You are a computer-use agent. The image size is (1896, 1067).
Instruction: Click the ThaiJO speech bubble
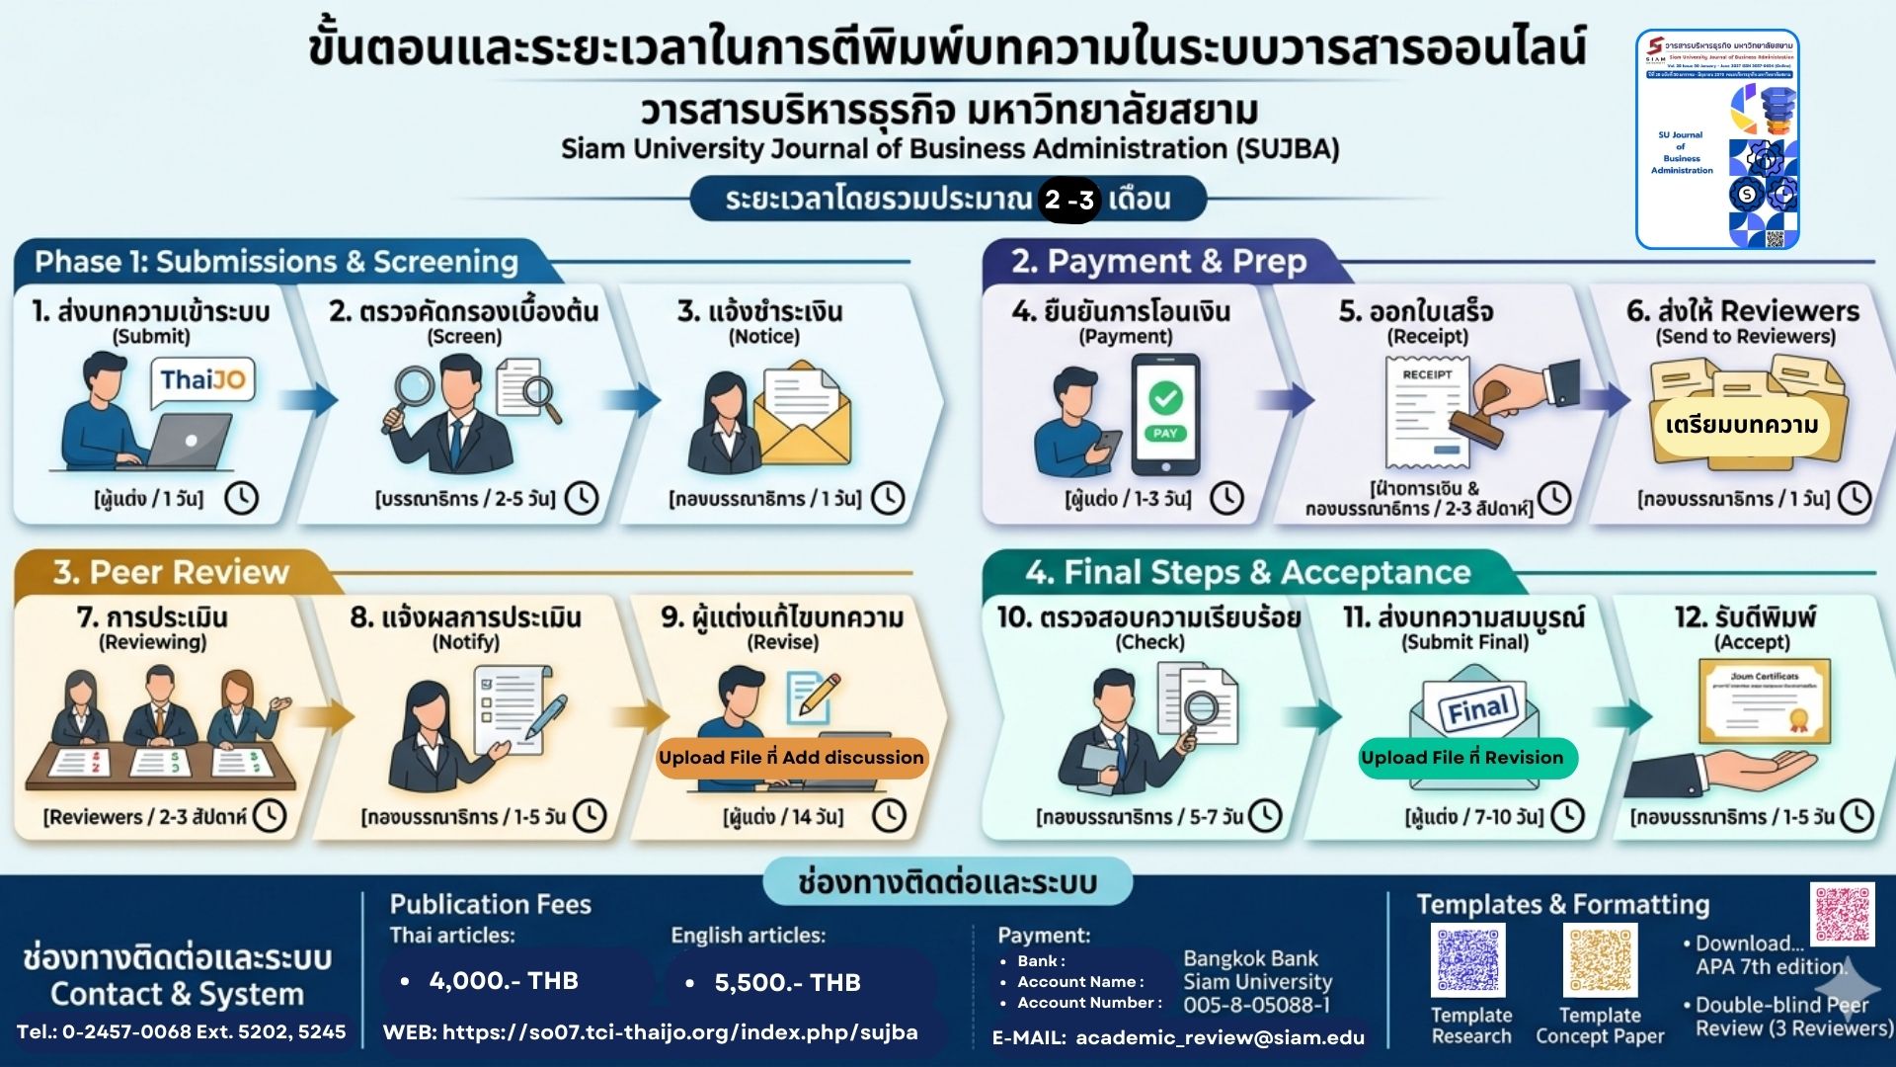(x=202, y=381)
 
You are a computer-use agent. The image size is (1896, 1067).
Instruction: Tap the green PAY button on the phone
(x=1165, y=433)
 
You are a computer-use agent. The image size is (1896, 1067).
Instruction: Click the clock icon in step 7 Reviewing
(x=270, y=816)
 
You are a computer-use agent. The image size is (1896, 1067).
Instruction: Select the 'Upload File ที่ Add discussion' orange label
(x=791, y=758)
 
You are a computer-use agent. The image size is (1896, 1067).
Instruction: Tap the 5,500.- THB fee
(x=787, y=982)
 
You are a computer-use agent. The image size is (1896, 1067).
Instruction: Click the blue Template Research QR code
(x=1468, y=960)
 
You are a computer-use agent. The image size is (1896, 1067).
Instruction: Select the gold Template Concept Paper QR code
(x=1600, y=960)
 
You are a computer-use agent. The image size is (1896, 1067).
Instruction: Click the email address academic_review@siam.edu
(x=1220, y=1037)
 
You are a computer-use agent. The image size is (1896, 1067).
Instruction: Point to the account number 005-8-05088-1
(x=1257, y=1005)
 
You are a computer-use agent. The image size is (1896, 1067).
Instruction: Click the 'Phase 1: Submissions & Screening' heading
(x=276, y=262)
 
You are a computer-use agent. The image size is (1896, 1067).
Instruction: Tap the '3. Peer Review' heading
(x=171, y=572)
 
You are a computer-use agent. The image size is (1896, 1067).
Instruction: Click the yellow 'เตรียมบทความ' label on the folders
(x=1741, y=426)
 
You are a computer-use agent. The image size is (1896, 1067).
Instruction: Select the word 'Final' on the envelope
(x=1477, y=707)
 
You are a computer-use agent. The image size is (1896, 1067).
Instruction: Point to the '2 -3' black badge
(x=1068, y=200)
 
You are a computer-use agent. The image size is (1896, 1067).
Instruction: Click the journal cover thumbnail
(x=1717, y=139)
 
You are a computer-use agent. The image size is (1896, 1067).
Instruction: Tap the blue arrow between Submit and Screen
(x=308, y=400)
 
